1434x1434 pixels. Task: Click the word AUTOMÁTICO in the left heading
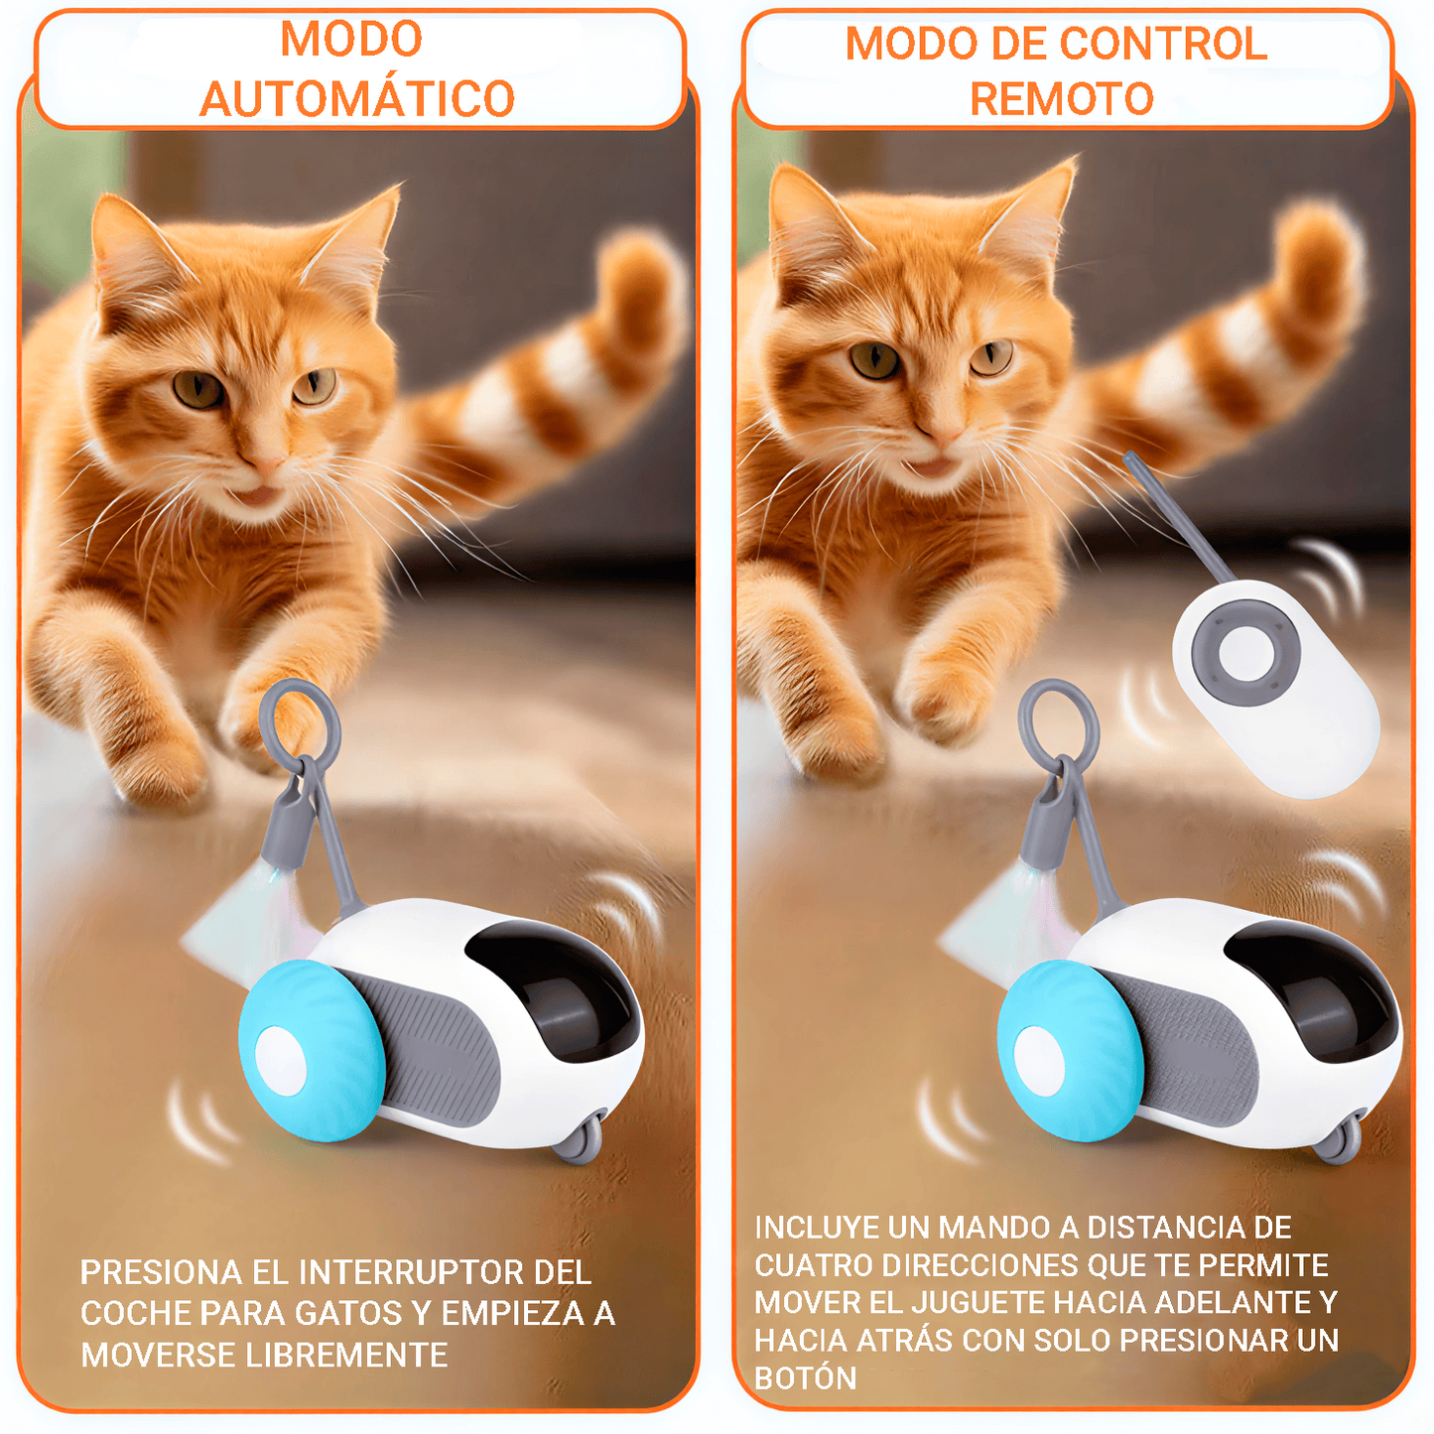pos(357,98)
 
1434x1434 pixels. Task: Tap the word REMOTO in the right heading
pos(1061,98)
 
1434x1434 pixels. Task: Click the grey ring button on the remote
pos(1245,652)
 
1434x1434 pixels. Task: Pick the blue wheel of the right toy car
pos(1066,1050)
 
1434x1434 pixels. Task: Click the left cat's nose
pos(266,463)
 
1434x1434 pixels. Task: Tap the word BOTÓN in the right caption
pos(805,1378)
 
